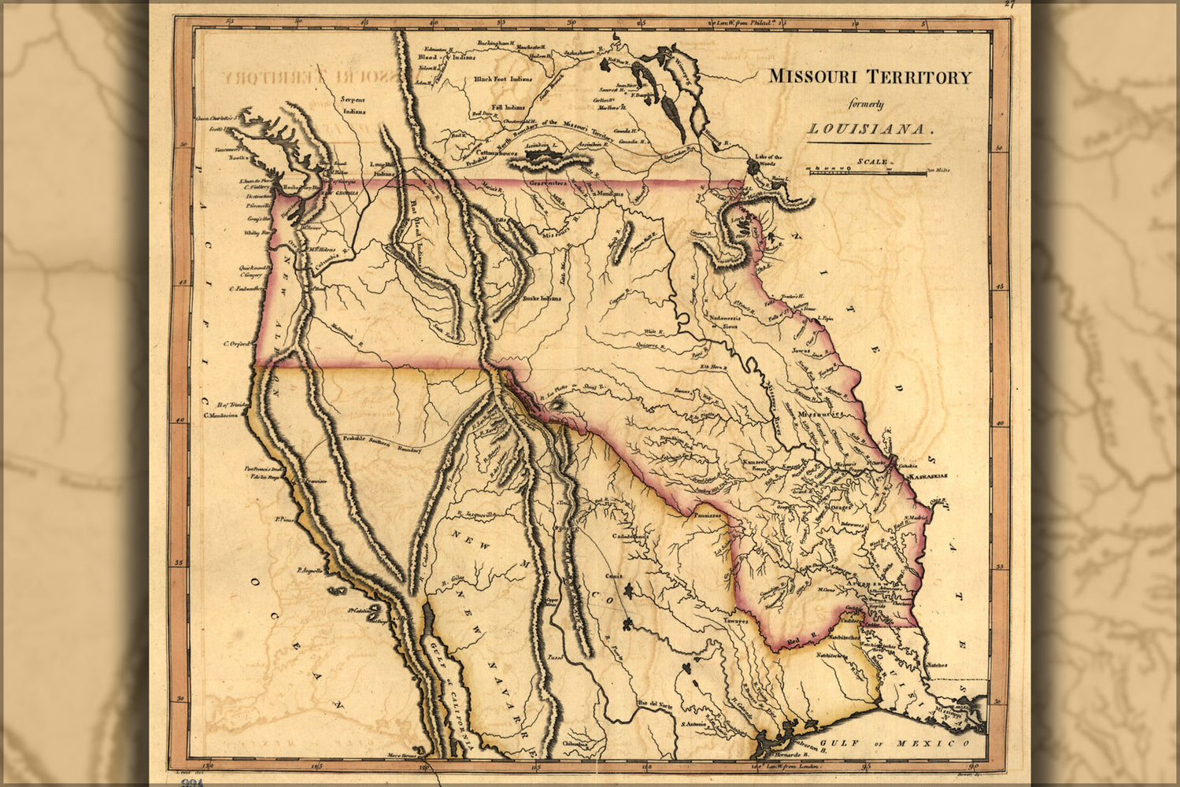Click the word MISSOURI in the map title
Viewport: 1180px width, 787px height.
815,77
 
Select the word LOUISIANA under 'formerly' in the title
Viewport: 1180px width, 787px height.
868,129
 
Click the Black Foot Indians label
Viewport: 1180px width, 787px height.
503,79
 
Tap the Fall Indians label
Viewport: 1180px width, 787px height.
508,107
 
